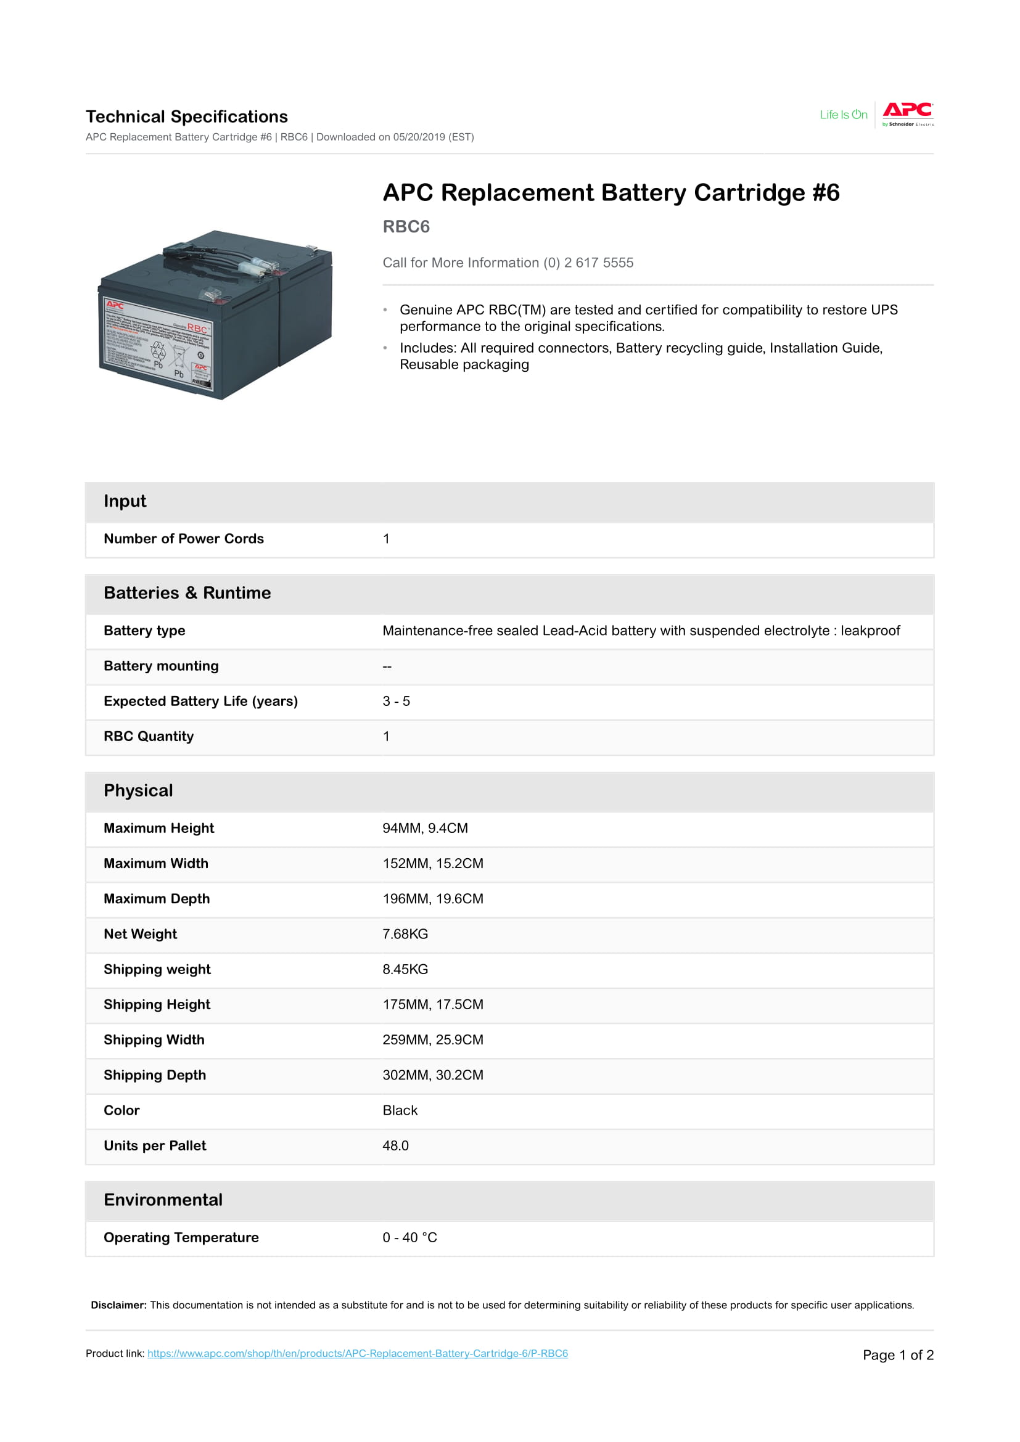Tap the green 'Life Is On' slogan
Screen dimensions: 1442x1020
843,115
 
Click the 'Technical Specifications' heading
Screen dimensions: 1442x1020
186,117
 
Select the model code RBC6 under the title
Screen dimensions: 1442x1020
406,227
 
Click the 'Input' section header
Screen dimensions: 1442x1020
125,501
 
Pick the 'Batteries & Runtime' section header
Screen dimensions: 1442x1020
187,593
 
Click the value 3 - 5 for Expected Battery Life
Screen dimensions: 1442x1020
396,701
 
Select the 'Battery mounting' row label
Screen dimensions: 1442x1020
161,666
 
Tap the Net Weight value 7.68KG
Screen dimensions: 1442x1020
405,934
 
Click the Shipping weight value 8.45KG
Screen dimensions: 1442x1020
405,969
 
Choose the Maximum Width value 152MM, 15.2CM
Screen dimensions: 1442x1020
433,864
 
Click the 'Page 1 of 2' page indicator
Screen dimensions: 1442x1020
897,1354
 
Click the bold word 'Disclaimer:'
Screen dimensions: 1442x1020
118,1305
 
